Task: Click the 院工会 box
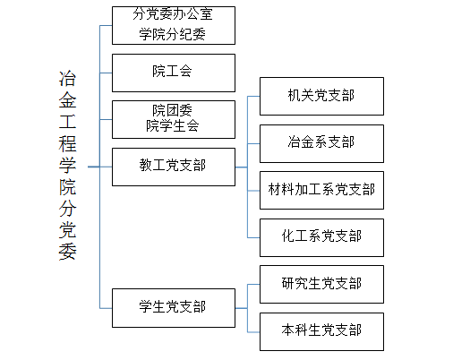coord(174,73)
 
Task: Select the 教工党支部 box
coord(174,167)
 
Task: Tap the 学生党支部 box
coord(174,308)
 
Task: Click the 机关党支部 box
coord(321,96)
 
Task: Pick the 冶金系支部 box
coord(321,143)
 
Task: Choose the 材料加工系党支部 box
coord(321,190)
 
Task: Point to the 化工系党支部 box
coord(321,237)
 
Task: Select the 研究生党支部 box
coord(321,284)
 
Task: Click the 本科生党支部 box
coord(321,331)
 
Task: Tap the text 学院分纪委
coord(173,34)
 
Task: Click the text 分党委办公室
coord(173,13)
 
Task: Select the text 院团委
coord(173,110)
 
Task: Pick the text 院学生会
coord(173,125)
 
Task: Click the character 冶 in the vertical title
coord(67,79)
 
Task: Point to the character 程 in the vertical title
coord(67,143)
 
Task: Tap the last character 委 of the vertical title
coord(67,252)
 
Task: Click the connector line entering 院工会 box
coord(106,73)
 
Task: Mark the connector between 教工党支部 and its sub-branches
coord(242,167)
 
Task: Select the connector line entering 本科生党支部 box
coord(253,332)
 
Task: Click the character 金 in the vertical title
coord(67,100)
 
